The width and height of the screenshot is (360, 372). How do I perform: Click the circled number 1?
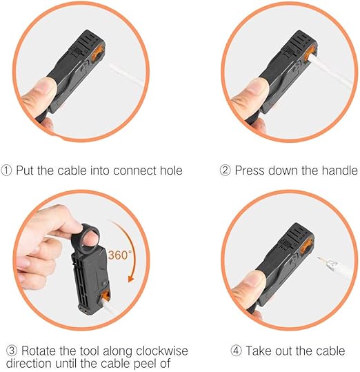[6, 170]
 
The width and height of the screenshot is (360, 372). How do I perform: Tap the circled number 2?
[225, 170]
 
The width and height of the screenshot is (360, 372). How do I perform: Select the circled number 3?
[12, 351]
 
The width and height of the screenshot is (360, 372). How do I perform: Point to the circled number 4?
[236, 351]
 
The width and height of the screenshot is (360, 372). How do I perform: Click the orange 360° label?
[119, 255]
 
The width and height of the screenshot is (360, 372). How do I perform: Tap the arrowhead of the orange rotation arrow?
[131, 278]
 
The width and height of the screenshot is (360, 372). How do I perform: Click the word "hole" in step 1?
[171, 170]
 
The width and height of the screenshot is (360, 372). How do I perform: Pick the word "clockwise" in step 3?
[162, 351]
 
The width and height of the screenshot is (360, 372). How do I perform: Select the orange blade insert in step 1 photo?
[98, 54]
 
